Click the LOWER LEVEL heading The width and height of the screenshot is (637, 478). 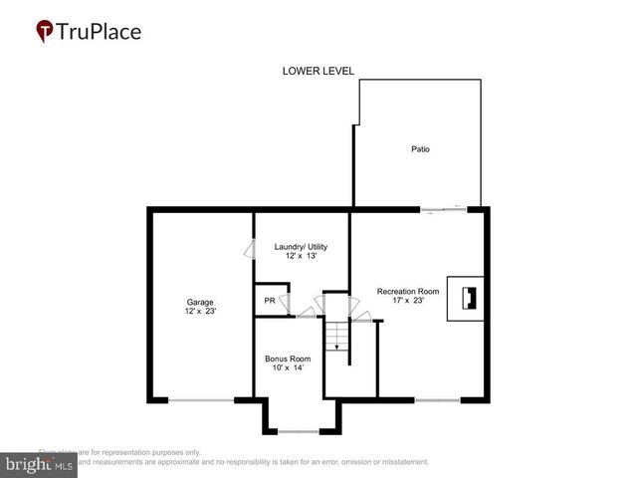click(318, 71)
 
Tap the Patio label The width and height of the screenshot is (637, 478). click(421, 149)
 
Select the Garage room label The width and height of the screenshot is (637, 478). click(200, 302)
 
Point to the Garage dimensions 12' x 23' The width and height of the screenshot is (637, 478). click(200, 312)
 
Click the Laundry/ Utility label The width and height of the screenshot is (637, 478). click(300, 247)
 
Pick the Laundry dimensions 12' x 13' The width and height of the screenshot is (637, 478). click(300, 257)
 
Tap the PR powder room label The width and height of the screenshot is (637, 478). click(269, 301)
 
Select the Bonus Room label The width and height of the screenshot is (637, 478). click(288, 358)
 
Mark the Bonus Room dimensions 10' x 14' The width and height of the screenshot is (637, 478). click(288, 368)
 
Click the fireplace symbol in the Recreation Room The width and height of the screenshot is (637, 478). click(466, 298)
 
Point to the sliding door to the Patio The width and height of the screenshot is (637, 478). click(442, 209)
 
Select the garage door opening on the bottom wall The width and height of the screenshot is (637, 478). click(200, 400)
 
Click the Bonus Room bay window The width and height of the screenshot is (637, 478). click(298, 431)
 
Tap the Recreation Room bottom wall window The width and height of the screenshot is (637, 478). click(437, 400)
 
